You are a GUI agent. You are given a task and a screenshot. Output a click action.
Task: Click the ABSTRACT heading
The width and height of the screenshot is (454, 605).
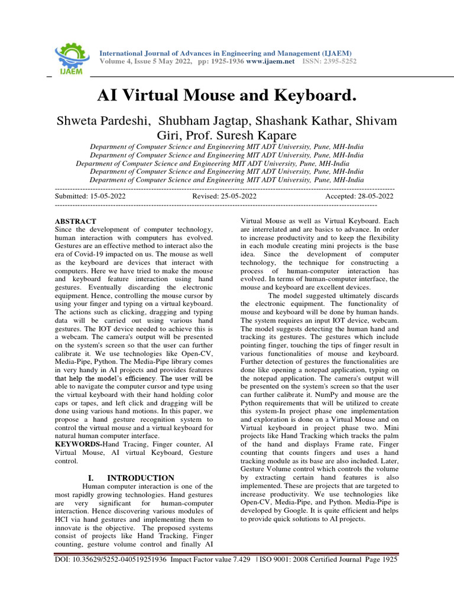(75, 222)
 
